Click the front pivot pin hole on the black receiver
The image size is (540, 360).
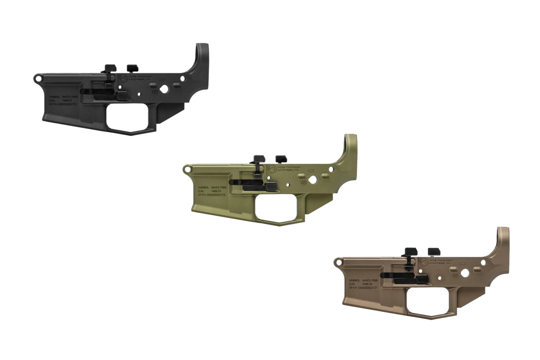(38, 78)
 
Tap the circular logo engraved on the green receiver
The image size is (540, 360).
(272, 169)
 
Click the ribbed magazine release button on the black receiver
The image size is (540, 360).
(122, 95)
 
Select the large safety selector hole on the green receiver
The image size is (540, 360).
(315, 178)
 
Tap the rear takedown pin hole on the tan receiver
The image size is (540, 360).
(483, 262)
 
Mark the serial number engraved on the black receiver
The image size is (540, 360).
(64, 103)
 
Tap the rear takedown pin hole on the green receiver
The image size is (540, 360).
(331, 169)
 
